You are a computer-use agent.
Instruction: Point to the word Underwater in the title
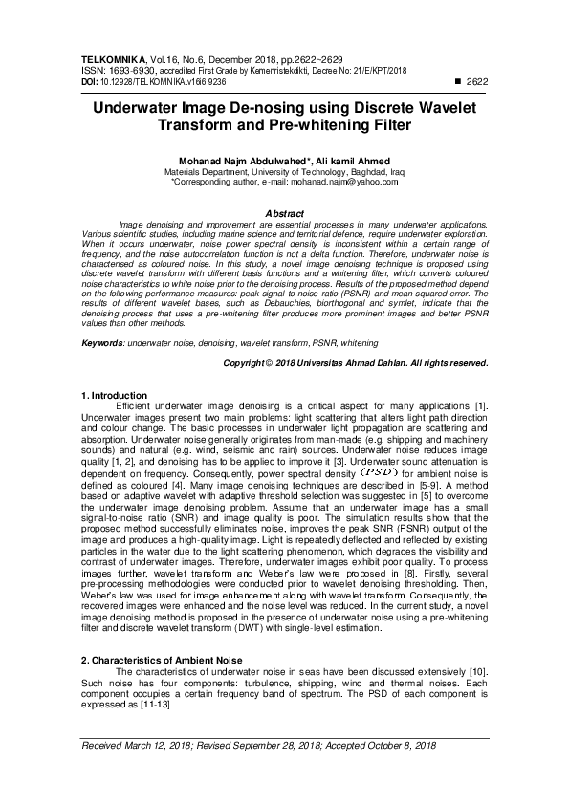[x=147, y=108]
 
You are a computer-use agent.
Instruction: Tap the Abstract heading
[x=283, y=213]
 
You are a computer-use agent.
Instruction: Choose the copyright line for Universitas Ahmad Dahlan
[x=355, y=364]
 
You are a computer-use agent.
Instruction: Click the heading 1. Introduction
[x=114, y=395]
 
